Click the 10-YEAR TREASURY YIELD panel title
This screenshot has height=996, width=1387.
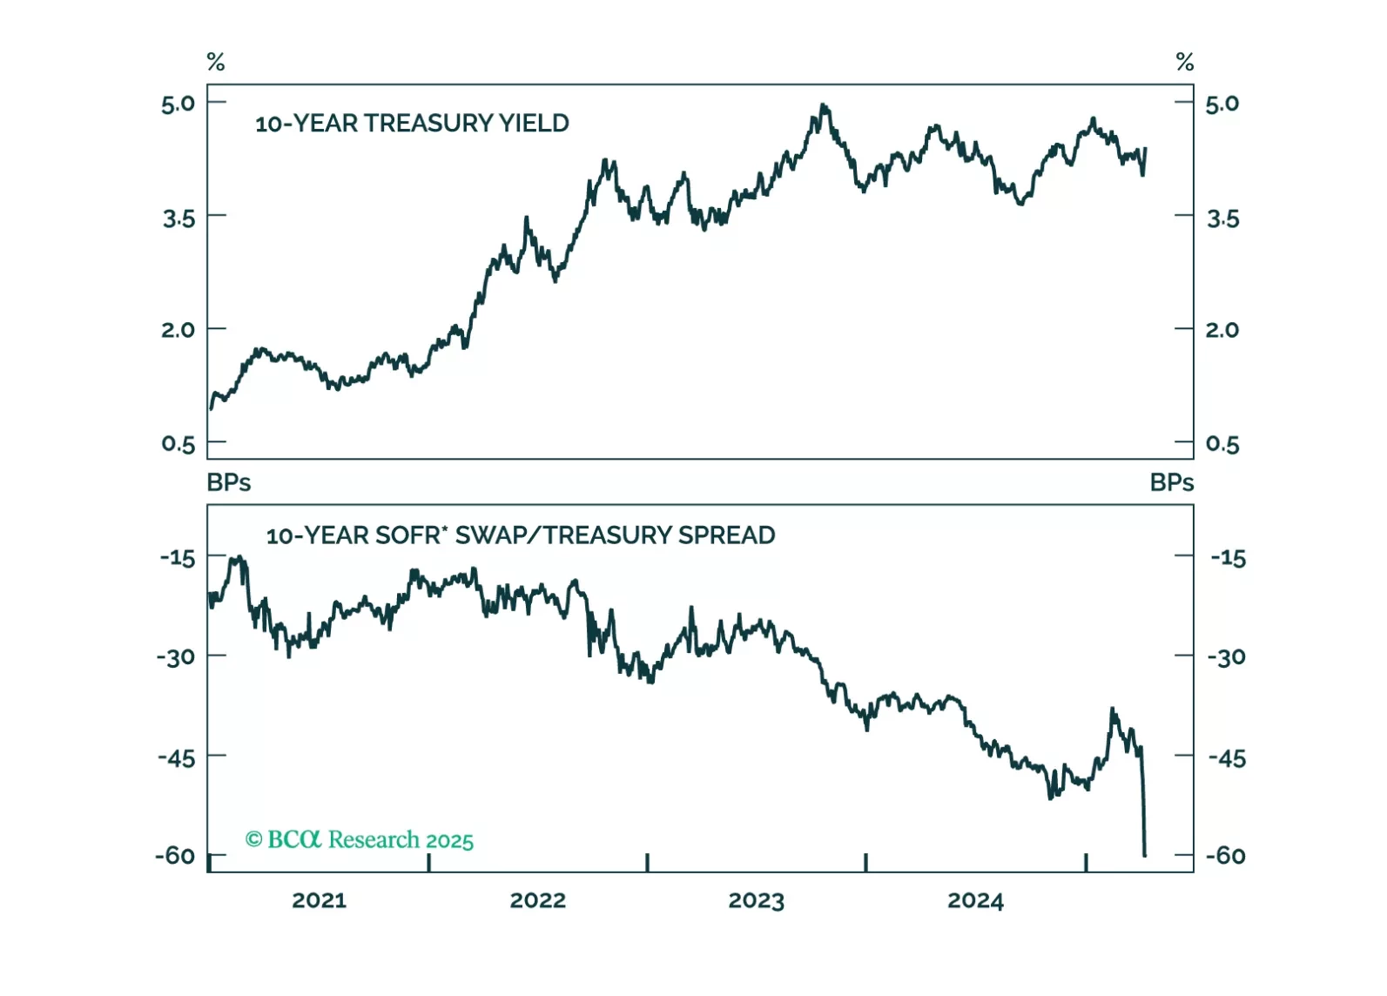(411, 124)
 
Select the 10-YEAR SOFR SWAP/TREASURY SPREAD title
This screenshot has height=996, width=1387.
(520, 535)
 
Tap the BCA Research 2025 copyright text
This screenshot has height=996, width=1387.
(359, 840)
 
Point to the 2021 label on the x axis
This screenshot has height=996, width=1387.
(319, 900)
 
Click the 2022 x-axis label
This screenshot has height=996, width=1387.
(537, 900)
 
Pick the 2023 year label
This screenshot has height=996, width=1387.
(756, 900)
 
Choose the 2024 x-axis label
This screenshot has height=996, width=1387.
(975, 900)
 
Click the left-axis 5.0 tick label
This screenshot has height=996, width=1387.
(178, 104)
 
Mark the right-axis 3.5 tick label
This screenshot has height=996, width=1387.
(1222, 219)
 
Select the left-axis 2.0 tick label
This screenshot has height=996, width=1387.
(178, 330)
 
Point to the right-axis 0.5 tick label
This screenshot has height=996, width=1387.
(1222, 444)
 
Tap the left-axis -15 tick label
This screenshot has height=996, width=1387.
(178, 557)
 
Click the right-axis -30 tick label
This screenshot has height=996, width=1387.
(1227, 657)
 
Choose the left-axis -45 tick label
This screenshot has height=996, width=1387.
(177, 757)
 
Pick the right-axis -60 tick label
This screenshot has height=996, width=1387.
(1226, 856)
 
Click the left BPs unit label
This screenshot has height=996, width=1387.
(228, 482)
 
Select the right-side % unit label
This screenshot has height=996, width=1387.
(1184, 62)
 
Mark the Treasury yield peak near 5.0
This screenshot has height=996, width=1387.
(823, 106)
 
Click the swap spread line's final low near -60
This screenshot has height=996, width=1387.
(1144, 855)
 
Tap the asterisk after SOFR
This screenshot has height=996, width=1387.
(445, 528)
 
